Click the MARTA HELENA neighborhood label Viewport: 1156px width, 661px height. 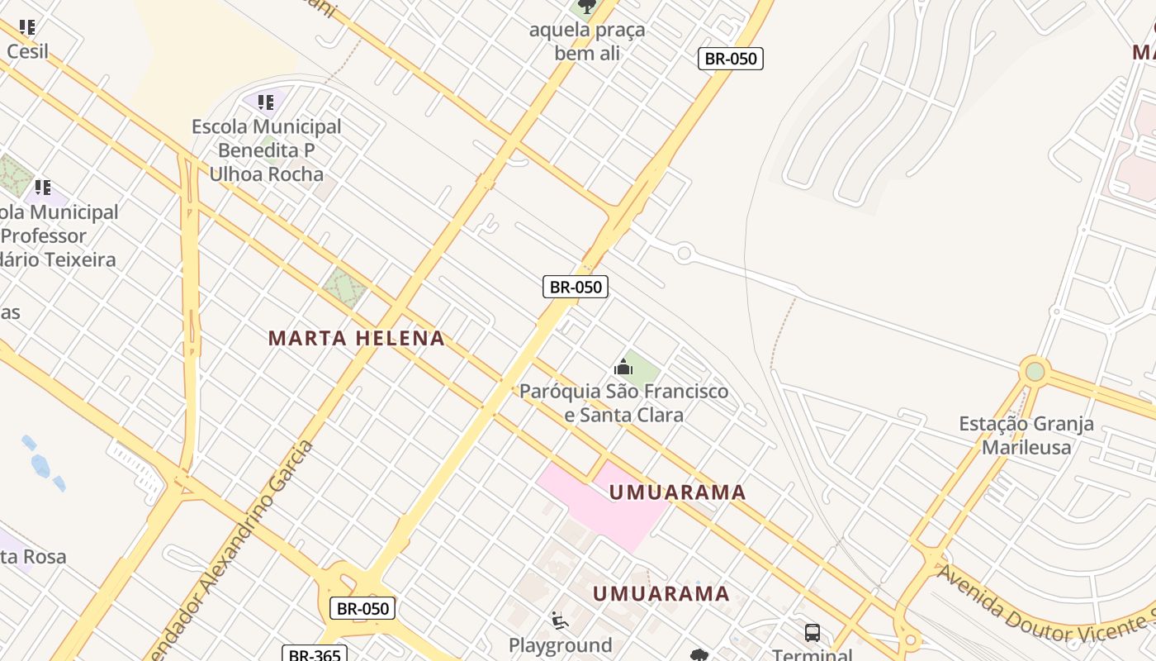tap(356, 338)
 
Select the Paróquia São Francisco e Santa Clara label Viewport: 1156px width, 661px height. tap(623, 402)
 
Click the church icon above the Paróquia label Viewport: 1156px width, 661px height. tap(623, 367)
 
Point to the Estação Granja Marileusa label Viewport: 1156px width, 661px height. tap(1026, 435)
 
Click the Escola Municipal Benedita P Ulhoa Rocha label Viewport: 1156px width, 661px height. tap(266, 150)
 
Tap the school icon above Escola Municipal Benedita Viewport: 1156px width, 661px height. tap(265, 102)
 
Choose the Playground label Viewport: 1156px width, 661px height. tap(560, 645)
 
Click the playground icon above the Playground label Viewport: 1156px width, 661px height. tap(559, 620)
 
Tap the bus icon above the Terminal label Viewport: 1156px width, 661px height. tap(813, 633)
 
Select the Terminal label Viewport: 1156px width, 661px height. tap(813, 654)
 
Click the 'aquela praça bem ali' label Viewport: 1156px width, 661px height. tap(587, 41)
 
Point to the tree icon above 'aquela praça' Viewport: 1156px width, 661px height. tap(586, 7)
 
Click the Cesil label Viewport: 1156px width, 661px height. tap(27, 51)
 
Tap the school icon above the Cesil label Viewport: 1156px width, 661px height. tap(27, 27)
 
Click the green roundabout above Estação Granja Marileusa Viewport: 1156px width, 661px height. tap(1035, 371)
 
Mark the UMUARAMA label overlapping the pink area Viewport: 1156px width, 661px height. tap(677, 492)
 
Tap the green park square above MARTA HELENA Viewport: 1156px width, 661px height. tap(344, 288)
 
